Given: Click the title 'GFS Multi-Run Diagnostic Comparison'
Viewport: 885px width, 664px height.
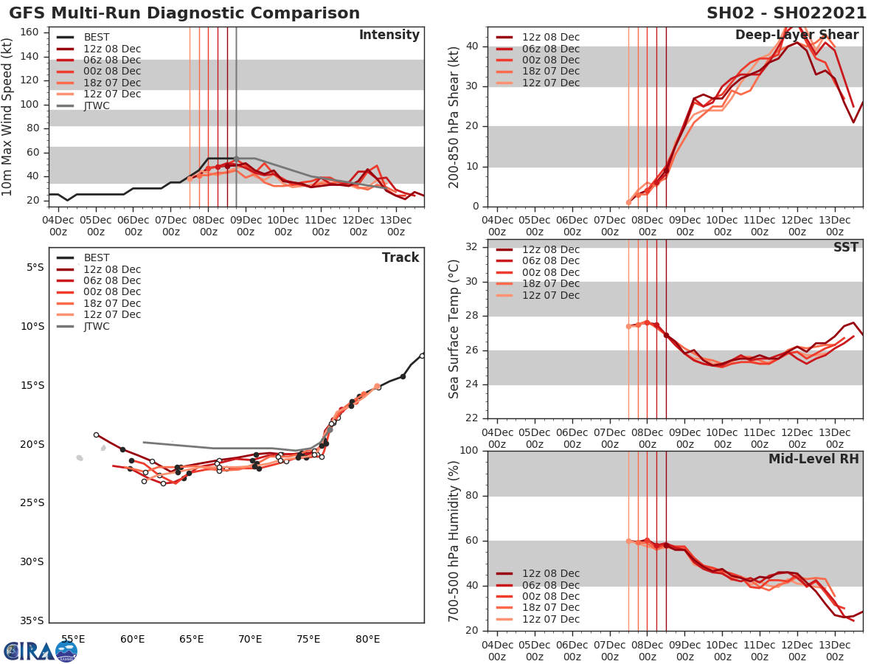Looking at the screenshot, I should [x=184, y=13].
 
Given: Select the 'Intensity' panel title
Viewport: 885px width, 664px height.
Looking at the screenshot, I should [x=389, y=35].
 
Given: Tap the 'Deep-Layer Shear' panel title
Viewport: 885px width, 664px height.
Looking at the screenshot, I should [x=796, y=35].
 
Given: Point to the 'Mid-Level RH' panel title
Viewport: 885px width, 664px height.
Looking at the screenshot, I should [x=813, y=460].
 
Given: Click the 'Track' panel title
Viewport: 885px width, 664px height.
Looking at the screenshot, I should [x=400, y=257].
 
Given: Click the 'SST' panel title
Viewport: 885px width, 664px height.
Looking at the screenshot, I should [x=846, y=248].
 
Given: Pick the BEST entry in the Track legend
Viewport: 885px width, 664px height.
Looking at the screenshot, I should [x=96, y=257].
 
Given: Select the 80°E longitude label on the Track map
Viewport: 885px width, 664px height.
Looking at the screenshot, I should [x=367, y=639].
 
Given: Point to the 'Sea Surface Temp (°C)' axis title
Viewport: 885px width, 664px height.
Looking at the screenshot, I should [x=454, y=329].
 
